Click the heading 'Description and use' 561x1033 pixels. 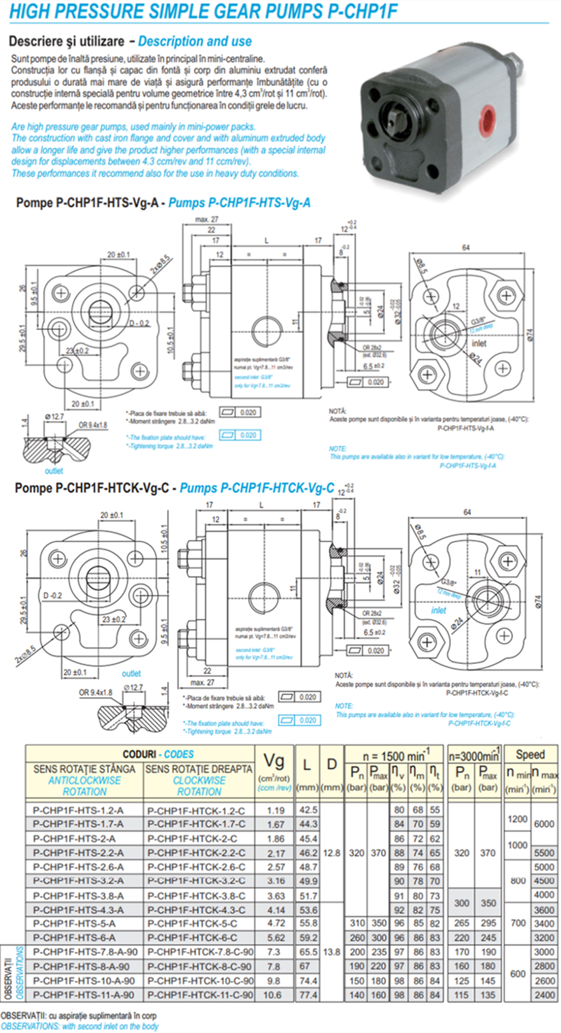pos(194,41)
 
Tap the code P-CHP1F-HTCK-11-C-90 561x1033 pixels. pos(200,995)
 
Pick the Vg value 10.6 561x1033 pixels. pos(275,995)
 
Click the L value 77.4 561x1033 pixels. pos(307,995)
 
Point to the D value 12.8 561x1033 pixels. pos(331,853)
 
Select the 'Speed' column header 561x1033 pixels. pos(530,755)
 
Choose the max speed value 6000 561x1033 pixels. pos(544,824)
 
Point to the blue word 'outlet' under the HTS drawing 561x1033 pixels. pos(54,471)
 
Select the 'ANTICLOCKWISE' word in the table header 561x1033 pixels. pos(84,780)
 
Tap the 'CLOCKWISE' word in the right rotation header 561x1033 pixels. pos(199,780)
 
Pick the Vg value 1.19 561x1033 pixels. pos(275,811)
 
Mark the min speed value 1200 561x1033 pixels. pos(517,818)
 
